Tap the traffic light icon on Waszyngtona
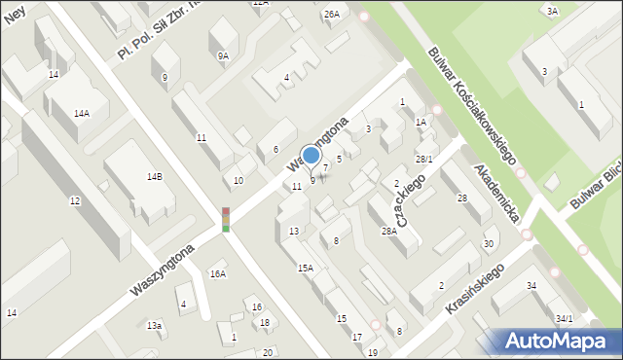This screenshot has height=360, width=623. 226,219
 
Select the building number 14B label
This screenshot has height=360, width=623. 154,177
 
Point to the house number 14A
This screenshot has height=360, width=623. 82,113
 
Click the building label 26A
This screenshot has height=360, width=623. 332,14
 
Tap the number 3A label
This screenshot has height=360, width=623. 552,11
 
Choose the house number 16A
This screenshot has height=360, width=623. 217,274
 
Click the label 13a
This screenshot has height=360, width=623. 154,325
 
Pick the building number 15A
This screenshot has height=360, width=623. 306,268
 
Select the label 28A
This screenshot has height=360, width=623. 389,231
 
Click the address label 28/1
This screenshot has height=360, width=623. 423,159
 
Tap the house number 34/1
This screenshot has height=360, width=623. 565,318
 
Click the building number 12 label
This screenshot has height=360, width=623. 75,200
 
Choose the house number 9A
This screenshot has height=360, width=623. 223,56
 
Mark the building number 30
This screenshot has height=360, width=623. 488,243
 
